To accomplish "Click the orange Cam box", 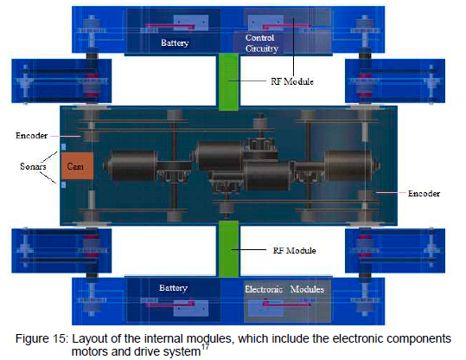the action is click(77, 165).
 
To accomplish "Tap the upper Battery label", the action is click(175, 43).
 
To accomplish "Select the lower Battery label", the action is click(173, 288).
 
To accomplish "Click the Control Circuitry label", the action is click(261, 43).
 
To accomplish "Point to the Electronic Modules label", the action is click(284, 289).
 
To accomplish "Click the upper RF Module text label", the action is click(292, 81).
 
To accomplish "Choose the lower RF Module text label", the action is click(294, 250).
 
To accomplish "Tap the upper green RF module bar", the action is click(228, 82).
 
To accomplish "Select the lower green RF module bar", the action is click(228, 248).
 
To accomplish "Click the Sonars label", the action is click(33, 166).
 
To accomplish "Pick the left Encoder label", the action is click(31, 136).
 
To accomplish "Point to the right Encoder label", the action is click(424, 194).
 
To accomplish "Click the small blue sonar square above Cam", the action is click(63, 146).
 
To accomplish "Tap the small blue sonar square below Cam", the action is click(63, 185).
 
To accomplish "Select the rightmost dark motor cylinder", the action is click(352, 165).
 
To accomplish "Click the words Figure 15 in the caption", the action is click(41, 339).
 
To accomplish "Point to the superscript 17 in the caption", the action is click(205, 347).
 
